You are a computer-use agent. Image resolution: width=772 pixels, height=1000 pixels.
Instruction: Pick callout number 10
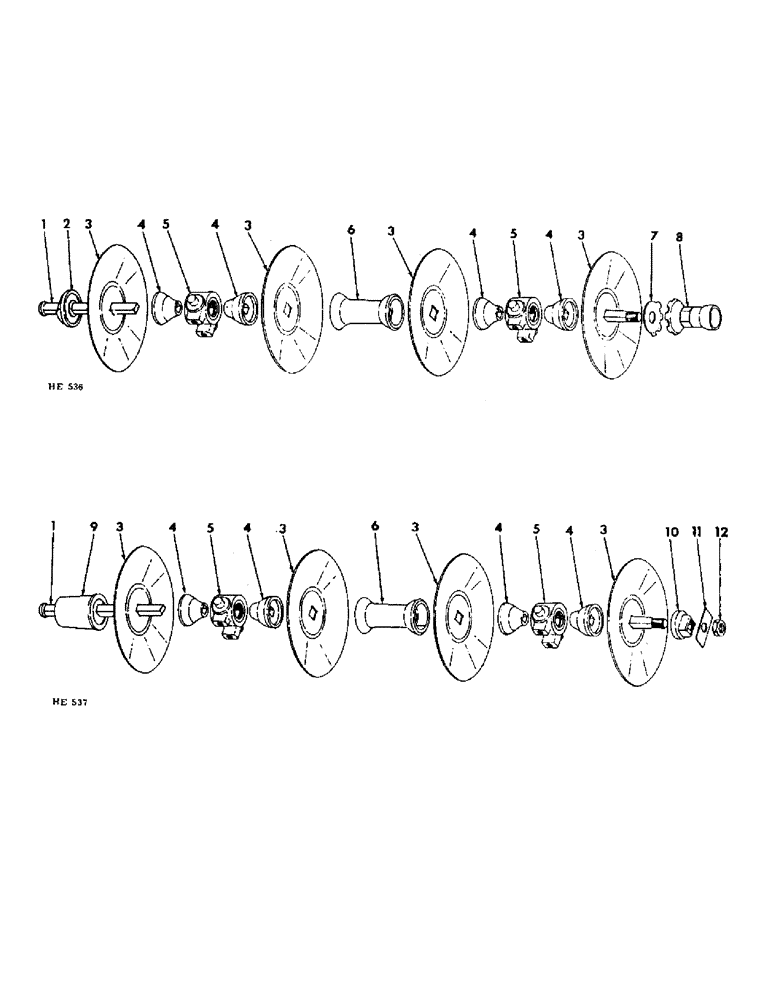point(671,532)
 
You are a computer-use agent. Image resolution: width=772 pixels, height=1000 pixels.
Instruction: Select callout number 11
point(695,532)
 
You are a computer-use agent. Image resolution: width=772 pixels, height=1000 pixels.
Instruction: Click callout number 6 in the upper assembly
point(350,228)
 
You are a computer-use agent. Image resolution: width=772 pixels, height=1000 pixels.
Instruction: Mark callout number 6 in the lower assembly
point(375,525)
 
